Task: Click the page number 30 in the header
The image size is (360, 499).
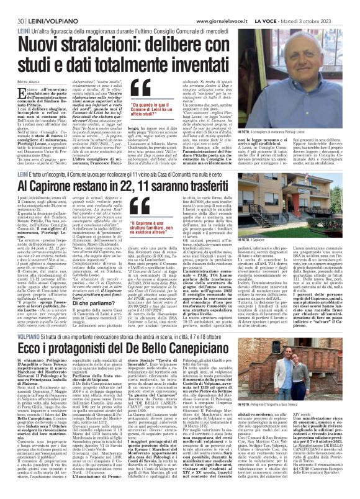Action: point(12,6)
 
